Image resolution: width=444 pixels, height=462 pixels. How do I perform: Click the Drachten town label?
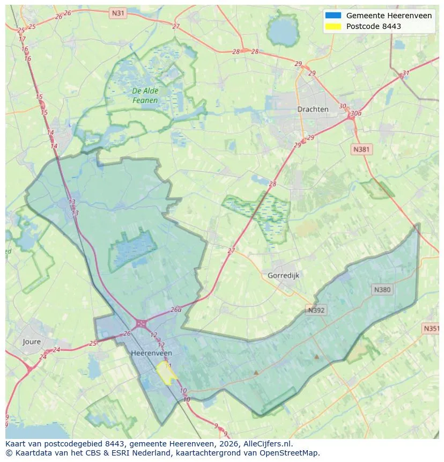click(313, 109)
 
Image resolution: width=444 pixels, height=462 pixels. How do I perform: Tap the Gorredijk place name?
click(283, 275)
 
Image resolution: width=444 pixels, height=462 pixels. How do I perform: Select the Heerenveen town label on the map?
click(152, 353)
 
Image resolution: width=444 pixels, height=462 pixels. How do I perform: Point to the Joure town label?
click(32, 341)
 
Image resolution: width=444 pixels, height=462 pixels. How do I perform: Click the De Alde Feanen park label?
click(145, 96)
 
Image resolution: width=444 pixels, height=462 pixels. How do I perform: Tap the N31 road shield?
click(117, 12)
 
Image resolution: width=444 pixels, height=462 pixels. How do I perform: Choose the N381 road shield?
click(361, 149)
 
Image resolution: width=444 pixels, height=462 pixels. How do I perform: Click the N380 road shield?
click(382, 290)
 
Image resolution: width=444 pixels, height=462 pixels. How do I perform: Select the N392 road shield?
click(316, 310)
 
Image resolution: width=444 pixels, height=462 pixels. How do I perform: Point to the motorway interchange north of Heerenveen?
click(142, 324)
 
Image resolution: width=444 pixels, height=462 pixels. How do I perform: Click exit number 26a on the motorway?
click(176, 310)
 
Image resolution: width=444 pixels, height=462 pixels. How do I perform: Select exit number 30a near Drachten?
click(355, 114)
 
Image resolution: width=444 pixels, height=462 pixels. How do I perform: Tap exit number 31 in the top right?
click(406, 74)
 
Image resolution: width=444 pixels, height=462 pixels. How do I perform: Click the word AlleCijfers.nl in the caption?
click(266, 444)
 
